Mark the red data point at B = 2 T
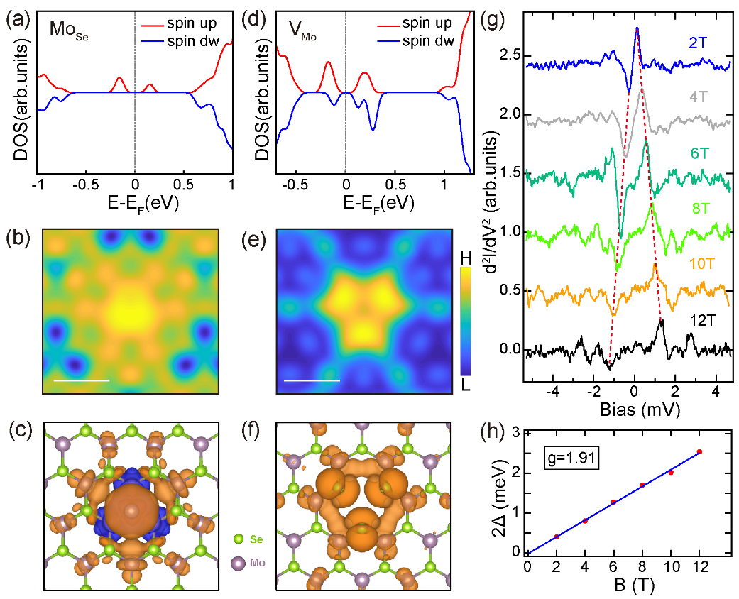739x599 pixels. (557, 537)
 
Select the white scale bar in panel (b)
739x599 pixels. (82, 380)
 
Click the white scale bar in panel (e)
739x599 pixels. (312, 380)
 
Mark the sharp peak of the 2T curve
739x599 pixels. (637, 28)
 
